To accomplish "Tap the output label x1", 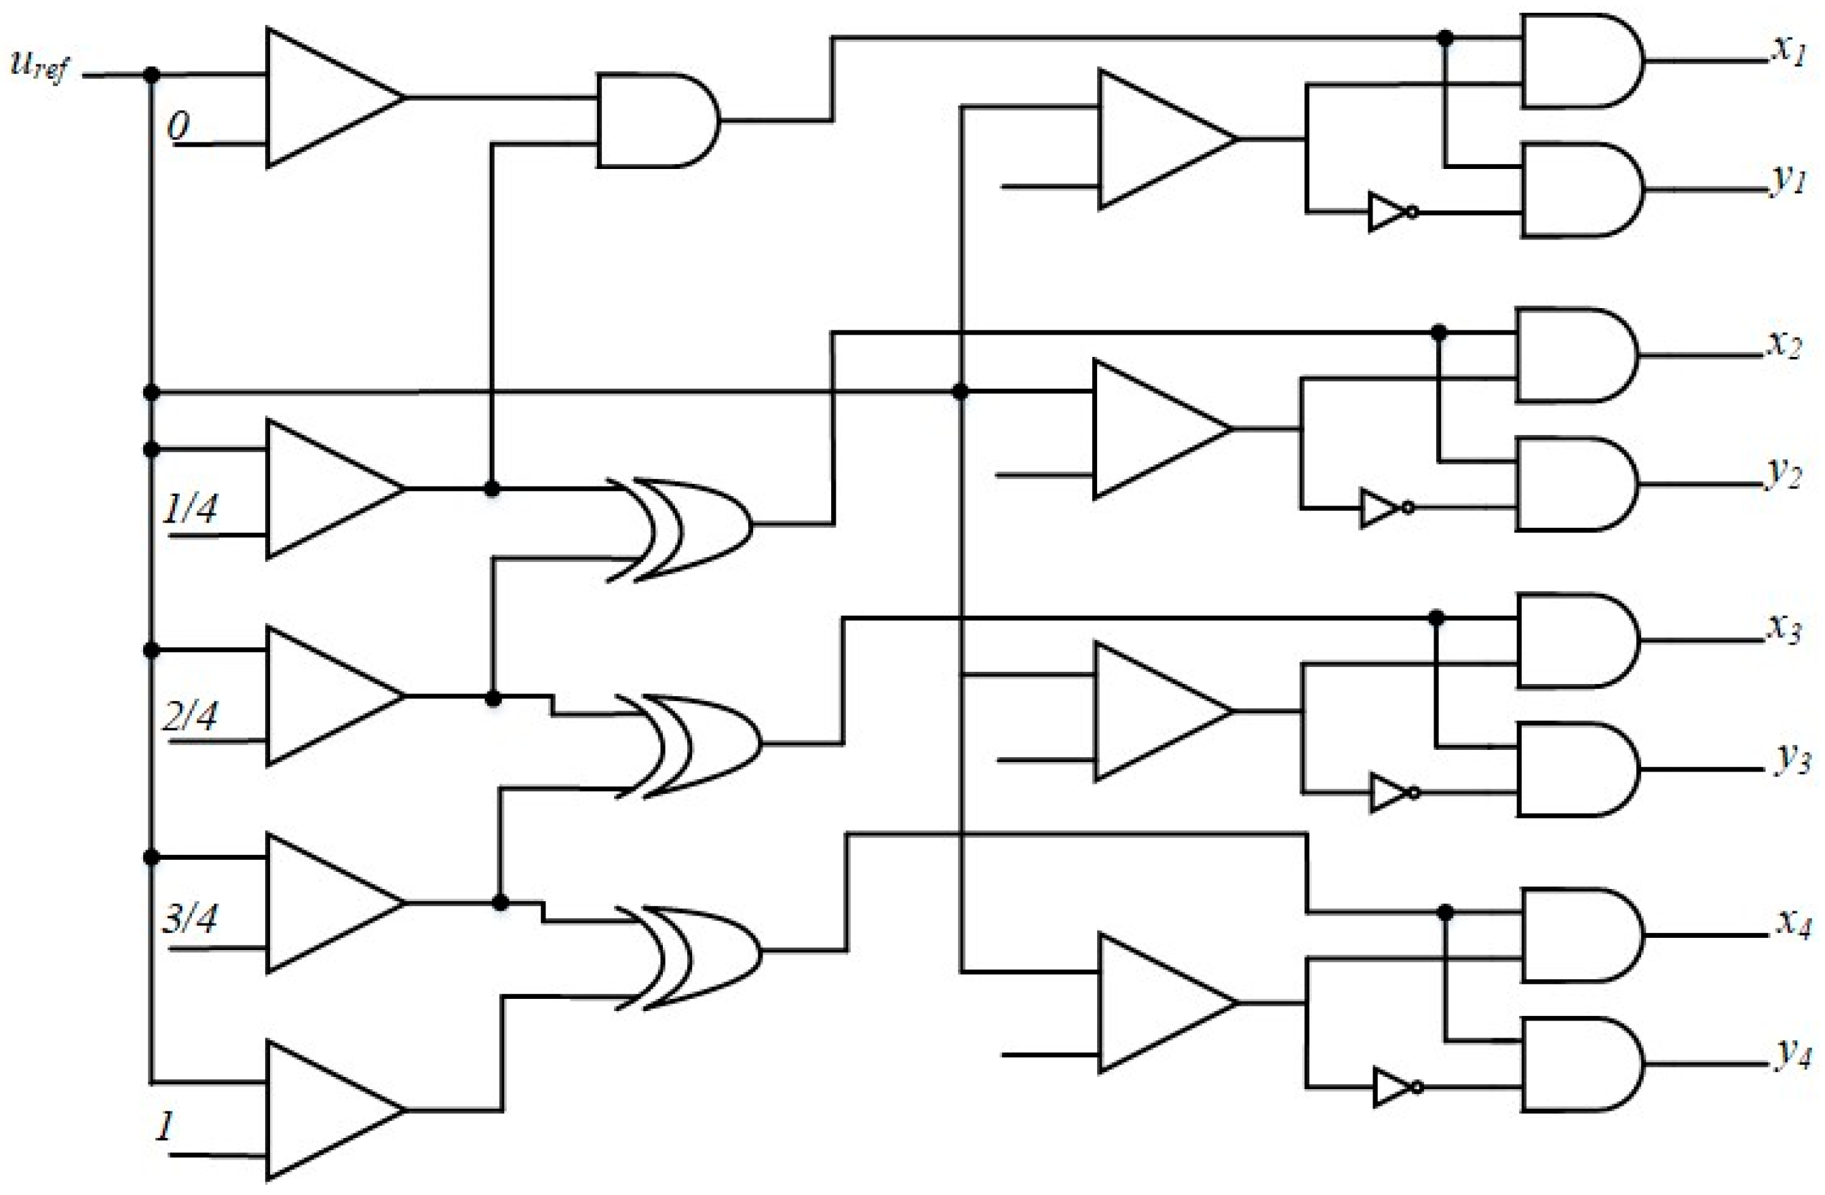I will [1789, 52].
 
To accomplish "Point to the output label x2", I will [1784, 345].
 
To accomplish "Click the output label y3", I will [1792, 759].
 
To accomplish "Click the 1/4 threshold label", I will [189, 508].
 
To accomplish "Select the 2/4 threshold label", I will [189, 716].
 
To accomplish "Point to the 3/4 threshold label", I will [189, 918].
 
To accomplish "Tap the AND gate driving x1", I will [1579, 60].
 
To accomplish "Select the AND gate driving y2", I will [1573, 484].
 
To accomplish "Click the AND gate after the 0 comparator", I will [655, 120].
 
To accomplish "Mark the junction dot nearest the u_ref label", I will [152, 75].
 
